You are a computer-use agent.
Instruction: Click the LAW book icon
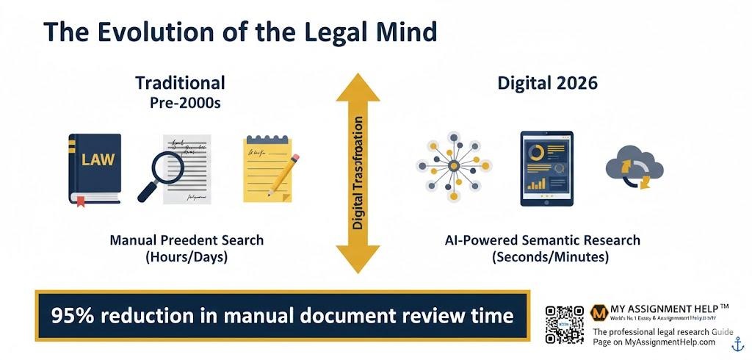(x=95, y=168)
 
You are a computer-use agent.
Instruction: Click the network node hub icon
(x=452, y=167)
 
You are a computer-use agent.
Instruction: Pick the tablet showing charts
(x=546, y=168)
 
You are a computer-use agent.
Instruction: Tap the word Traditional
(x=180, y=82)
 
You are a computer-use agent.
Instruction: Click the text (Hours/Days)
(x=186, y=256)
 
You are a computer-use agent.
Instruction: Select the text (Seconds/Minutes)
(x=542, y=256)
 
